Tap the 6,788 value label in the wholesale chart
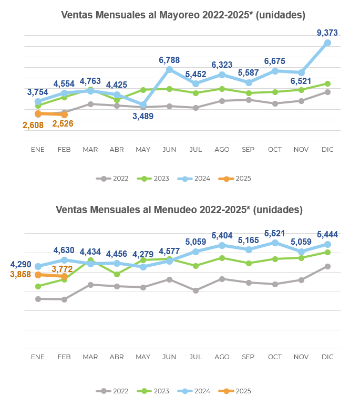pos(169,60)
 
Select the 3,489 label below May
pos(143,116)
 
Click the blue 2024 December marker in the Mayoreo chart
pos(327,43)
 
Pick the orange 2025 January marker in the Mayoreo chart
pos(38,113)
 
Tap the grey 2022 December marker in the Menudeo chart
pos(327,266)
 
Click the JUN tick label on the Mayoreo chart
pos(169,150)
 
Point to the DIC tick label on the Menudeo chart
pos(327,357)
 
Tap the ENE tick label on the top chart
pos(38,150)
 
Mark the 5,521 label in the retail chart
pos(274,233)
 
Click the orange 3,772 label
pos(63,270)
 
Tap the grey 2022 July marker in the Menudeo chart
pos(196,290)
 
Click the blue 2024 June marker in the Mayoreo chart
pos(169,69)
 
